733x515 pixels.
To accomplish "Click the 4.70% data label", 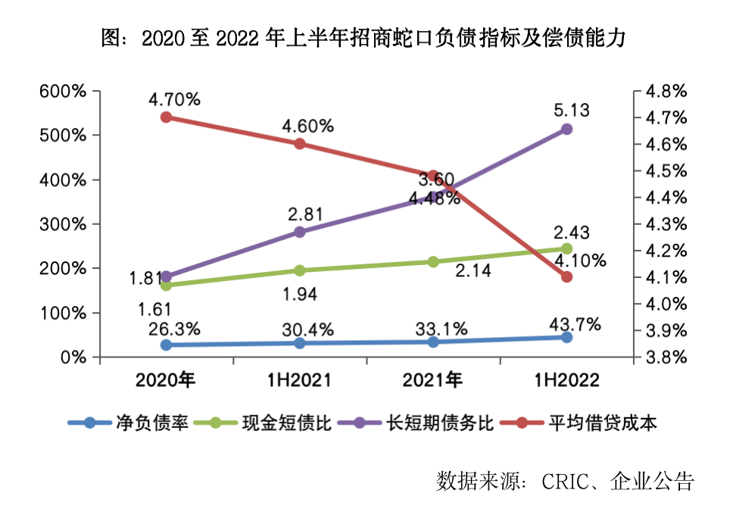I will coord(174,99).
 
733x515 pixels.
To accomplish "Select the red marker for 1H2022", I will coord(566,277).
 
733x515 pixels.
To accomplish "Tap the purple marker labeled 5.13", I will coord(566,130).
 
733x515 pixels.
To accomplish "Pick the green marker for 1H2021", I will coord(299,270).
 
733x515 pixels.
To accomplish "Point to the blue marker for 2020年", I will coord(167,345).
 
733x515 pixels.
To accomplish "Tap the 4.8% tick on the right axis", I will coord(664,92).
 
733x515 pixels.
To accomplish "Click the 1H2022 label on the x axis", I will coord(566,379).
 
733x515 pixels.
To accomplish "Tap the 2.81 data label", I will coord(306,214).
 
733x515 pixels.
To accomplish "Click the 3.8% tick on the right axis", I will coord(664,357).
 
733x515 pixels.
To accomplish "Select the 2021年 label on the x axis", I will coord(433,379).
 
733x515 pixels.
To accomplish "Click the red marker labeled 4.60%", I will coord(300,144).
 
